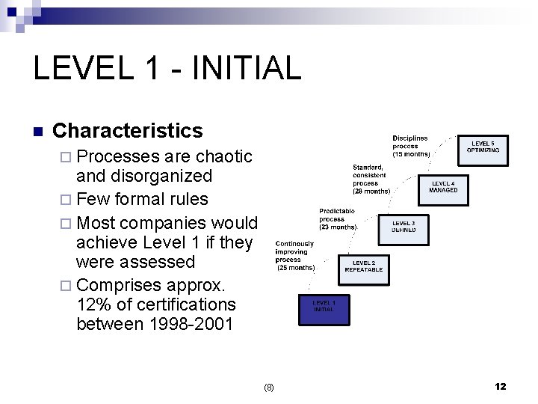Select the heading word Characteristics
[128, 131]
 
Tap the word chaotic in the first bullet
[223, 156]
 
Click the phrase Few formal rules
[142, 199]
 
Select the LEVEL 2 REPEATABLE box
[364, 266]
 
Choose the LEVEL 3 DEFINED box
[403, 225]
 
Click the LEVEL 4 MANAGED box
[442, 186]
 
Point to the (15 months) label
[412, 154]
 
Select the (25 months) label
[296, 267]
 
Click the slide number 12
[500, 386]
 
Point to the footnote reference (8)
[269, 387]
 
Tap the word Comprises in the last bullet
[115, 284]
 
